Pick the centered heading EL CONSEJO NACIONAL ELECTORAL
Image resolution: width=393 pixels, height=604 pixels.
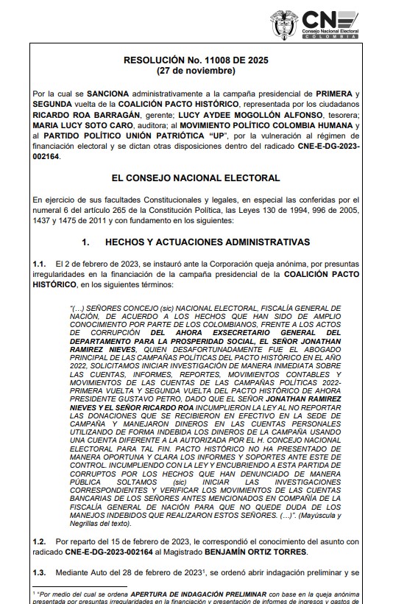(196, 178)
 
